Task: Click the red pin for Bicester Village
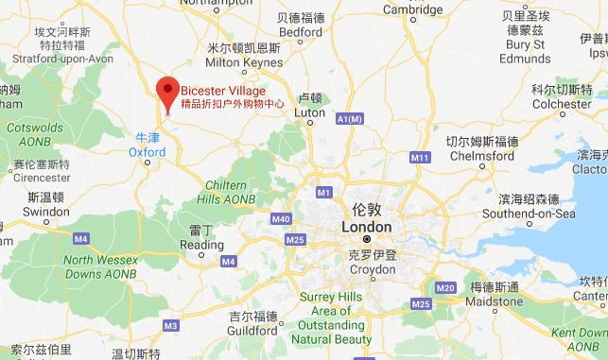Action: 168,91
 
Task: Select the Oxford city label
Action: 147,151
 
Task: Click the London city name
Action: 365,227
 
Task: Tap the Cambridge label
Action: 412,9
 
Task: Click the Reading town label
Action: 200,245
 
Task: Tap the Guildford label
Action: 254,330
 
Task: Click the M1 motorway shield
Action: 324,193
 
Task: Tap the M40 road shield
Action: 280,219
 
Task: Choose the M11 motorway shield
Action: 420,157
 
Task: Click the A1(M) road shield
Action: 349,118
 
